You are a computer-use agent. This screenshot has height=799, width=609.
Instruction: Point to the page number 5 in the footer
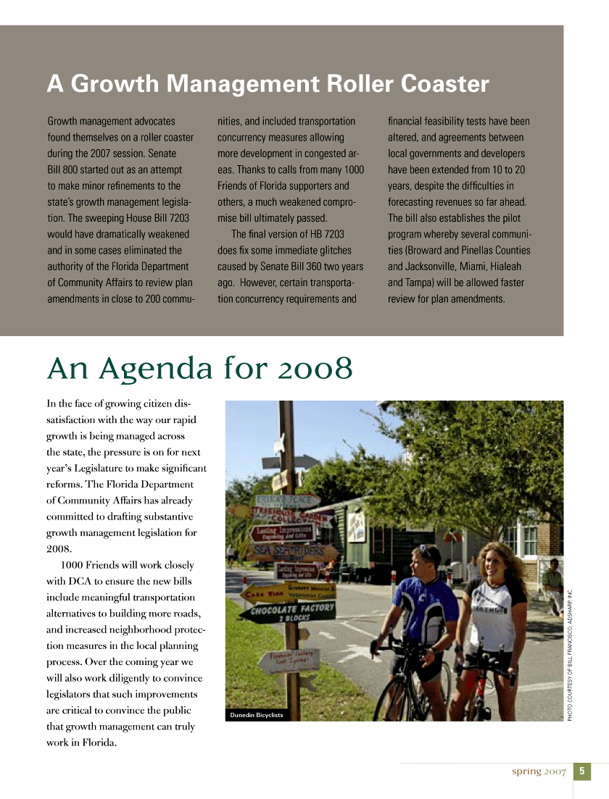point(582,771)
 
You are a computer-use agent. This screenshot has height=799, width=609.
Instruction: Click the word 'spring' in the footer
point(526,771)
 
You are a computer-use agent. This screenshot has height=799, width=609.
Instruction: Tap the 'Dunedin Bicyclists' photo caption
point(256,715)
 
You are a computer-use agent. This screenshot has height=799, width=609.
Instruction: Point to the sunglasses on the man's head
point(423,551)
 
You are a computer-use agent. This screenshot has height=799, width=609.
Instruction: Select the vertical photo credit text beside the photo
point(571,652)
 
